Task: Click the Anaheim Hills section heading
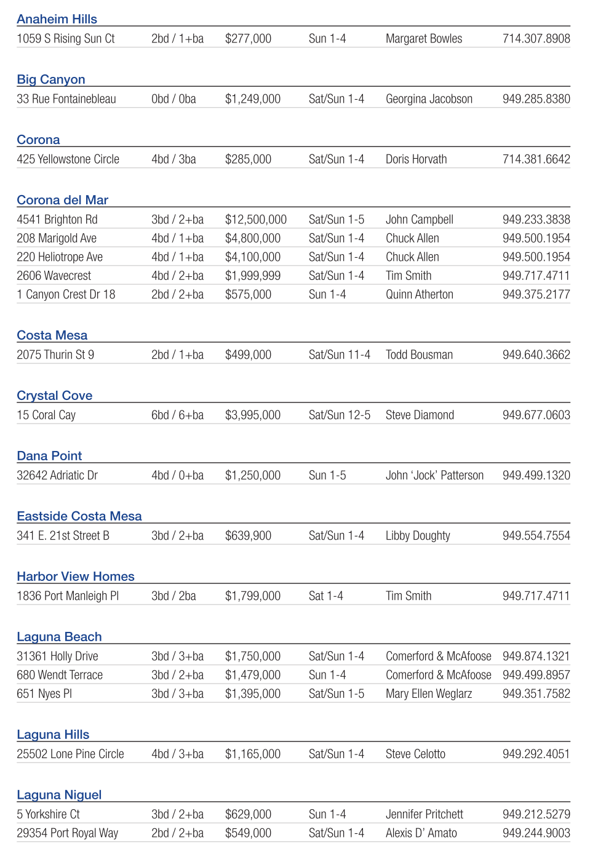point(57,19)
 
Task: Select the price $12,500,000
point(255,220)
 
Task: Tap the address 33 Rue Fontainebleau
point(66,99)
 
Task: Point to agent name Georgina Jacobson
point(429,99)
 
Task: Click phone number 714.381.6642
point(536,159)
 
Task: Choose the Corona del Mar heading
point(62,200)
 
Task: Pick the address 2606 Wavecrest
point(54,276)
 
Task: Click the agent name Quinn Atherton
point(419,295)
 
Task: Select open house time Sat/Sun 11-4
point(339,355)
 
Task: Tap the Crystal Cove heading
point(54,396)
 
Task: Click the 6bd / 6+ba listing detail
point(177,415)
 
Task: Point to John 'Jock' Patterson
point(434,476)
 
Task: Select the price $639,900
point(248,536)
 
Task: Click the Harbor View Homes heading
point(75,577)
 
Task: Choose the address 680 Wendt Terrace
point(60,675)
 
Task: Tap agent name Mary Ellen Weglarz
point(429,694)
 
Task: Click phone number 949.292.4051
point(536,754)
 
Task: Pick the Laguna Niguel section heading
point(59,795)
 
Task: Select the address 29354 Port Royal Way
point(67,833)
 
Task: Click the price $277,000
point(248,39)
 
